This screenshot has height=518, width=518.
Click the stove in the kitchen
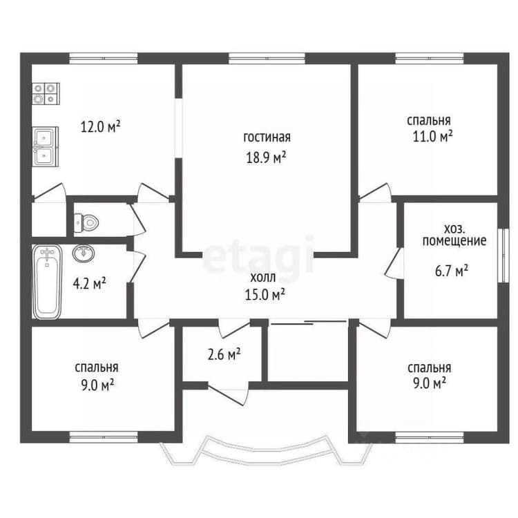point(46,94)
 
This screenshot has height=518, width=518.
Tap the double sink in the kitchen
point(46,146)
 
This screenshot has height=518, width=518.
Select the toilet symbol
point(86,222)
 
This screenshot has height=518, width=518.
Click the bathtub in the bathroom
point(47,282)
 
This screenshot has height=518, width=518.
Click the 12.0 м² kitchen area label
point(101,126)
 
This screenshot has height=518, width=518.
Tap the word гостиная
point(267,137)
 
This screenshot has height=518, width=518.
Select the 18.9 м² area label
point(266,157)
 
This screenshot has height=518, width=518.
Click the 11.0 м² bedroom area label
point(432,136)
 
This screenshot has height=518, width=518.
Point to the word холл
point(263,278)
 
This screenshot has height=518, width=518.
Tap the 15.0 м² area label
point(265,294)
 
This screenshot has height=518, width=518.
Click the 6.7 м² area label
point(451,271)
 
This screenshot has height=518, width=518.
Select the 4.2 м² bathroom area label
point(89,284)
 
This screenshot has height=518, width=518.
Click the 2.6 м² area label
point(224,354)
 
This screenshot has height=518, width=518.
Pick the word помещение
point(454,241)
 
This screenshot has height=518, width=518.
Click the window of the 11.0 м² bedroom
point(430,59)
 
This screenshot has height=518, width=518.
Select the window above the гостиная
point(267,59)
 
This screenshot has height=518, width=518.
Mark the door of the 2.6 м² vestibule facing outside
point(229,394)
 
